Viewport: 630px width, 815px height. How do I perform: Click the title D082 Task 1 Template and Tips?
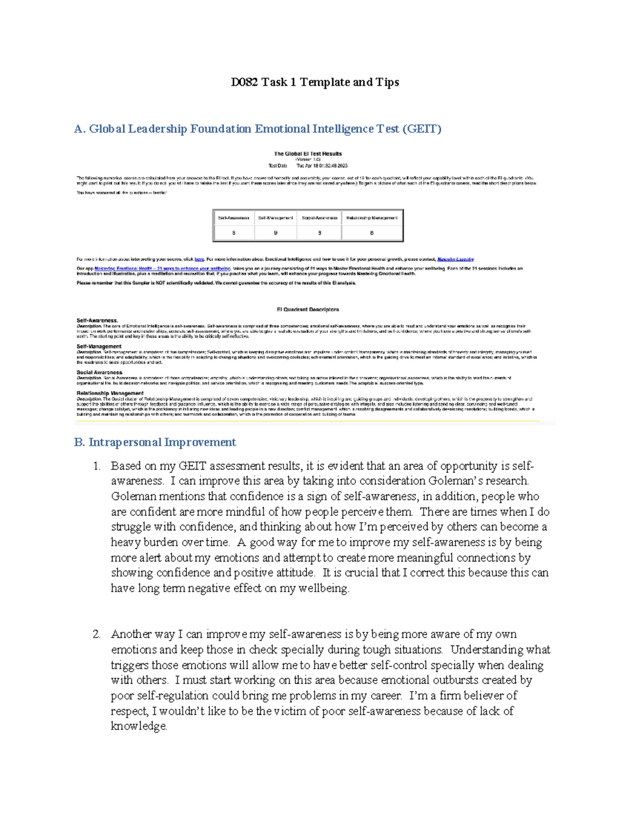coord(315,82)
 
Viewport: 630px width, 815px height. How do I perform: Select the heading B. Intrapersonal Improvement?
coord(155,442)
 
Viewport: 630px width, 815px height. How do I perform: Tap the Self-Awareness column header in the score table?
coord(234,218)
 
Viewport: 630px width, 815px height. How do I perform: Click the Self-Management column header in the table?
coord(275,218)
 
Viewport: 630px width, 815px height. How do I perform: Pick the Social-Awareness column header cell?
coord(319,218)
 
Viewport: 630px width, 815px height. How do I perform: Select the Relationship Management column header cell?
coord(372,218)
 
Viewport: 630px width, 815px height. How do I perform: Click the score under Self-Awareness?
coord(234,232)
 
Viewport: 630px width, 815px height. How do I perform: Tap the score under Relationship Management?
coord(372,232)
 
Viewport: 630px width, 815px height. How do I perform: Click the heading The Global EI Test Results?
coord(308,154)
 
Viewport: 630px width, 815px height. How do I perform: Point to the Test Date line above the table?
coord(308,166)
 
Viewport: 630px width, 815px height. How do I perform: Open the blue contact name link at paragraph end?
coord(455,259)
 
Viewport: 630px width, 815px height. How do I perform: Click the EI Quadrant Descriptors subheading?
coord(308,310)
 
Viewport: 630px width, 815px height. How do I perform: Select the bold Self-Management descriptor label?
coord(99,346)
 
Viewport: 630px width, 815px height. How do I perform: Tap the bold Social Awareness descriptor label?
coord(99,372)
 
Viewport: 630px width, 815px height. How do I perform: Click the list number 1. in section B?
coord(97,465)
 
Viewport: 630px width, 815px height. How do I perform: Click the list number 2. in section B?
coord(97,634)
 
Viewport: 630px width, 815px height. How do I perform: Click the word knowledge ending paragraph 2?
coord(139,726)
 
